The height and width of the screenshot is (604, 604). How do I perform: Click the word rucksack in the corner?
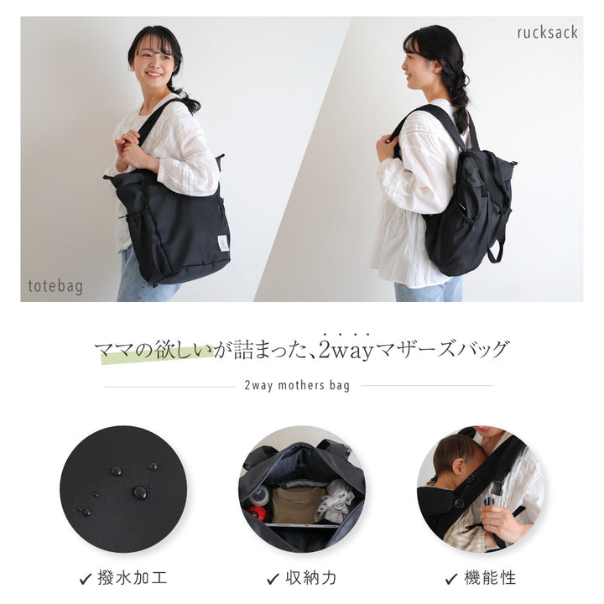click(547, 33)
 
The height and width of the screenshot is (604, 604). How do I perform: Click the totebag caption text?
click(55, 287)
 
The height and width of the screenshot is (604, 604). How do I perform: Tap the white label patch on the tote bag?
click(223, 243)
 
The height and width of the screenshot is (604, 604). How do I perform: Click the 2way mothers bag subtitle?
click(297, 385)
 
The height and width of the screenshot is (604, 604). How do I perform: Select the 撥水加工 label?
click(133, 578)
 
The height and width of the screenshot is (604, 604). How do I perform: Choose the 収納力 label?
click(311, 578)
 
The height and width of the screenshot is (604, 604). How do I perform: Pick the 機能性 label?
click(490, 578)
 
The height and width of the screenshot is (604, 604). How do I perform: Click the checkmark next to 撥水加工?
click(85, 579)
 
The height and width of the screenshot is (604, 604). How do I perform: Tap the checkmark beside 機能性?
click(451, 579)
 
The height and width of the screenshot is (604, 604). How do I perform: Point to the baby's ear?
click(459, 466)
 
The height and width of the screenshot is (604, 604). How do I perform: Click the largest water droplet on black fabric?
click(140, 492)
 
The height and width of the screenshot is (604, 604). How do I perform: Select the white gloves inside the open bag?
click(334, 501)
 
